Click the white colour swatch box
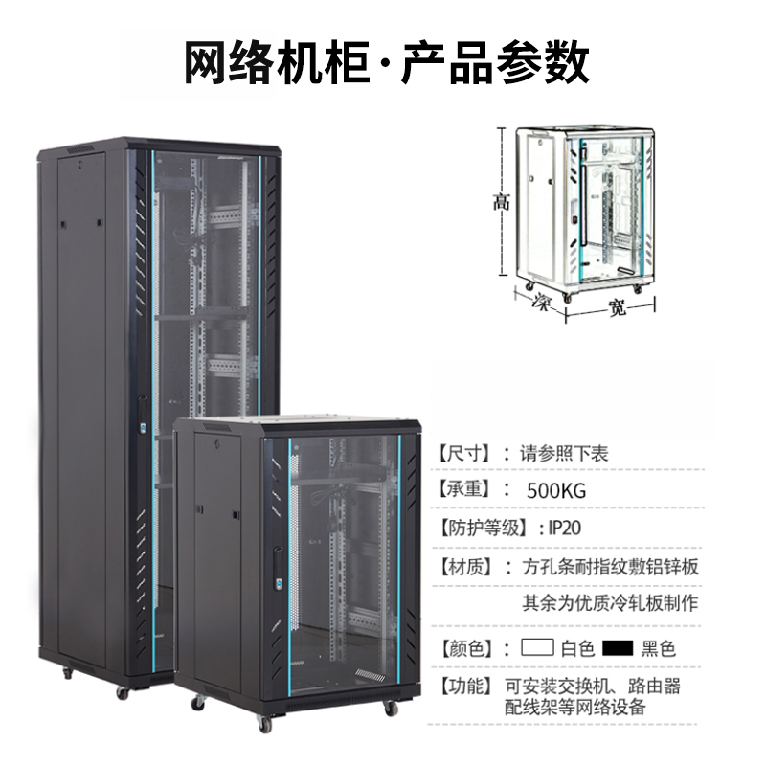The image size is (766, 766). tap(538, 647)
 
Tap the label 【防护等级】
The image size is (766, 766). tap(484, 528)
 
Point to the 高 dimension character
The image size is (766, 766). tap(501, 202)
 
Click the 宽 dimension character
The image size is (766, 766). tap(618, 308)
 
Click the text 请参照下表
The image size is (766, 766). tap(564, 452)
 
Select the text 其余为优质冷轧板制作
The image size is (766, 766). tap(610, 603)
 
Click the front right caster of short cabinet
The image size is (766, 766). tap(390, 710)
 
